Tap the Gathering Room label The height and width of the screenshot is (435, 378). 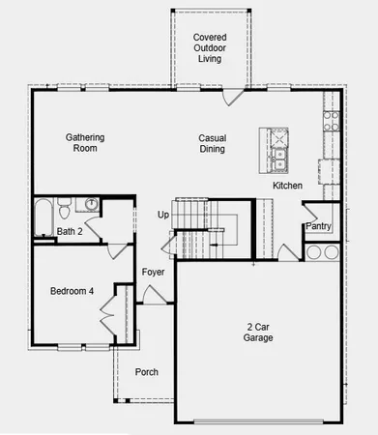tap(85, 143)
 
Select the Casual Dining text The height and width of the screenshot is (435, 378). tap(213, 143)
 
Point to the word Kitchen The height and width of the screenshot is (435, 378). tap(288, 185)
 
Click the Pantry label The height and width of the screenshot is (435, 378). tap(319, 227)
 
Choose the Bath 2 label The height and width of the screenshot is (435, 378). tap(69, 231)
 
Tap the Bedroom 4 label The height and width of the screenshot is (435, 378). tap(73, 290)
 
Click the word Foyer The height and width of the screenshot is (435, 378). tap(153, 273)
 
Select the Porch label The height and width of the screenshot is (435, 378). tap(146, 372)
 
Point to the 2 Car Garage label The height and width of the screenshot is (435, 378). tap(258, 333)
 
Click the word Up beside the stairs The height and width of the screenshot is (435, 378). tap(162, 215)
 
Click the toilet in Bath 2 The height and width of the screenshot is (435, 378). tap(65, 208)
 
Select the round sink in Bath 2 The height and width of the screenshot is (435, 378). tap(90, 205)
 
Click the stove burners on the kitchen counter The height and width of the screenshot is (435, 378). tap(331, 121)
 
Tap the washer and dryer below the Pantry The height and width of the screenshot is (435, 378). tap(323, 252)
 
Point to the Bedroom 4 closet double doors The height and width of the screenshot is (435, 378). tap(106, 313)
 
